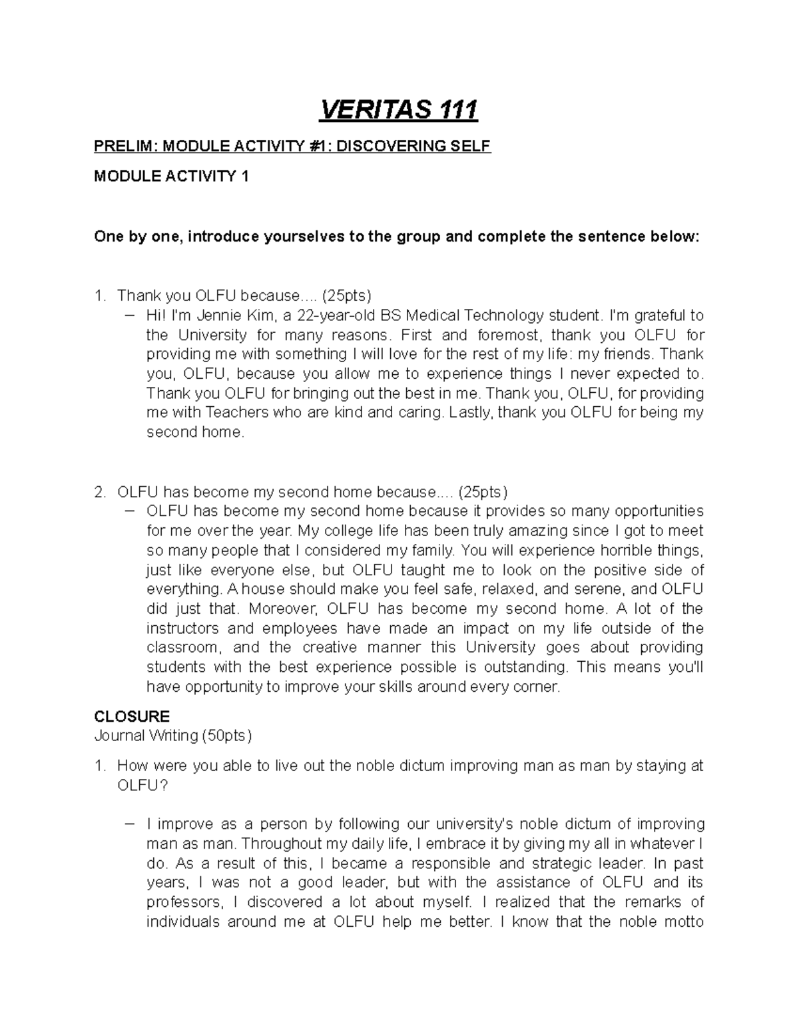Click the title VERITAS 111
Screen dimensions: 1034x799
pos(399,110)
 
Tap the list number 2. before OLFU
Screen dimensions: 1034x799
pos(100,492)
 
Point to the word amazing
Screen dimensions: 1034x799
pos(537,531)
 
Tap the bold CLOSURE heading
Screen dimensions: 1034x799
pos(132,716)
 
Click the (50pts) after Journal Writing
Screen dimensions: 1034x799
pos(227,736)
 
